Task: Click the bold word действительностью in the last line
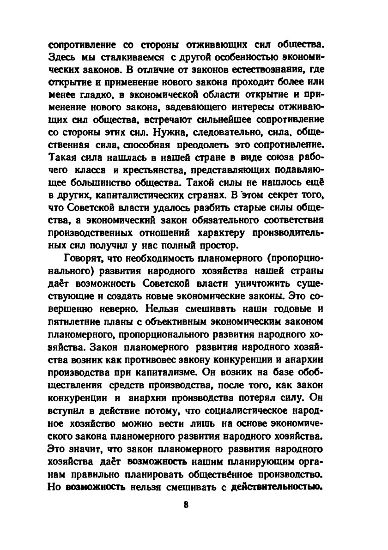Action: [x=276, y=487]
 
